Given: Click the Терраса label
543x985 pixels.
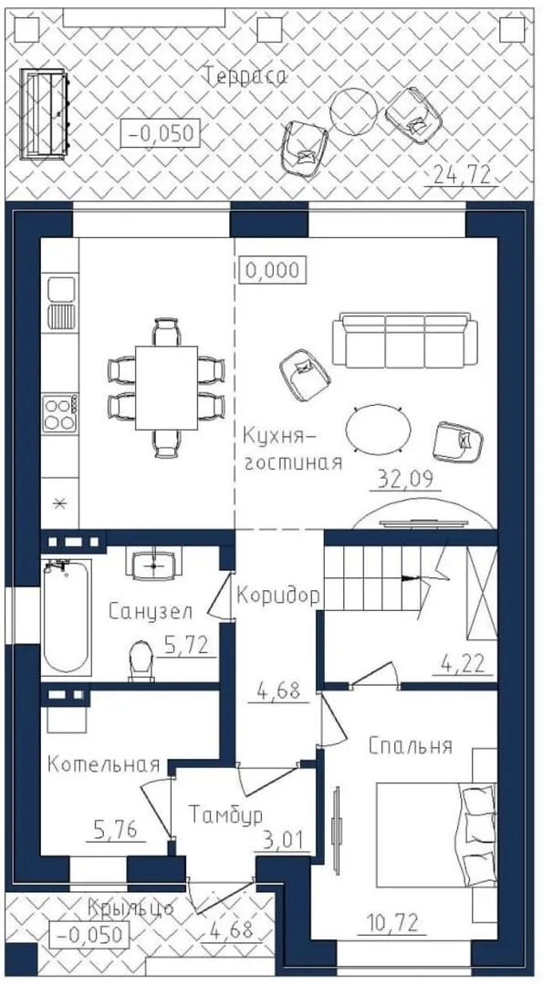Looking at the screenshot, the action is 245,77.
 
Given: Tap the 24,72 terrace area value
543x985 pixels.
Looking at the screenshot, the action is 461,175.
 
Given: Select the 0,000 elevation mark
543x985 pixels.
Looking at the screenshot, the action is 273,271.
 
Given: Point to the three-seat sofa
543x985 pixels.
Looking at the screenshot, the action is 404,340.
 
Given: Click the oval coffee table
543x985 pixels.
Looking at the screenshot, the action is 379,429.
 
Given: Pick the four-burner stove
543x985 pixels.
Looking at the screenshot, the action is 59,413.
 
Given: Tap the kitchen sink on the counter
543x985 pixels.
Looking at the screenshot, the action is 61,303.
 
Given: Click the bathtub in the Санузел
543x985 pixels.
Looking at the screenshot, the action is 66,616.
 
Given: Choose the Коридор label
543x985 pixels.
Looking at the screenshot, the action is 278,595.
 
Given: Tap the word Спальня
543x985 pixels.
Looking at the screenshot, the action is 411,746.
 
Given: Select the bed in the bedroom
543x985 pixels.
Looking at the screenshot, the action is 436,835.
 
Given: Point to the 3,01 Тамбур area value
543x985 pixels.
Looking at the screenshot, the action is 284,839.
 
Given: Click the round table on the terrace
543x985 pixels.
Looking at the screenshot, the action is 354,110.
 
